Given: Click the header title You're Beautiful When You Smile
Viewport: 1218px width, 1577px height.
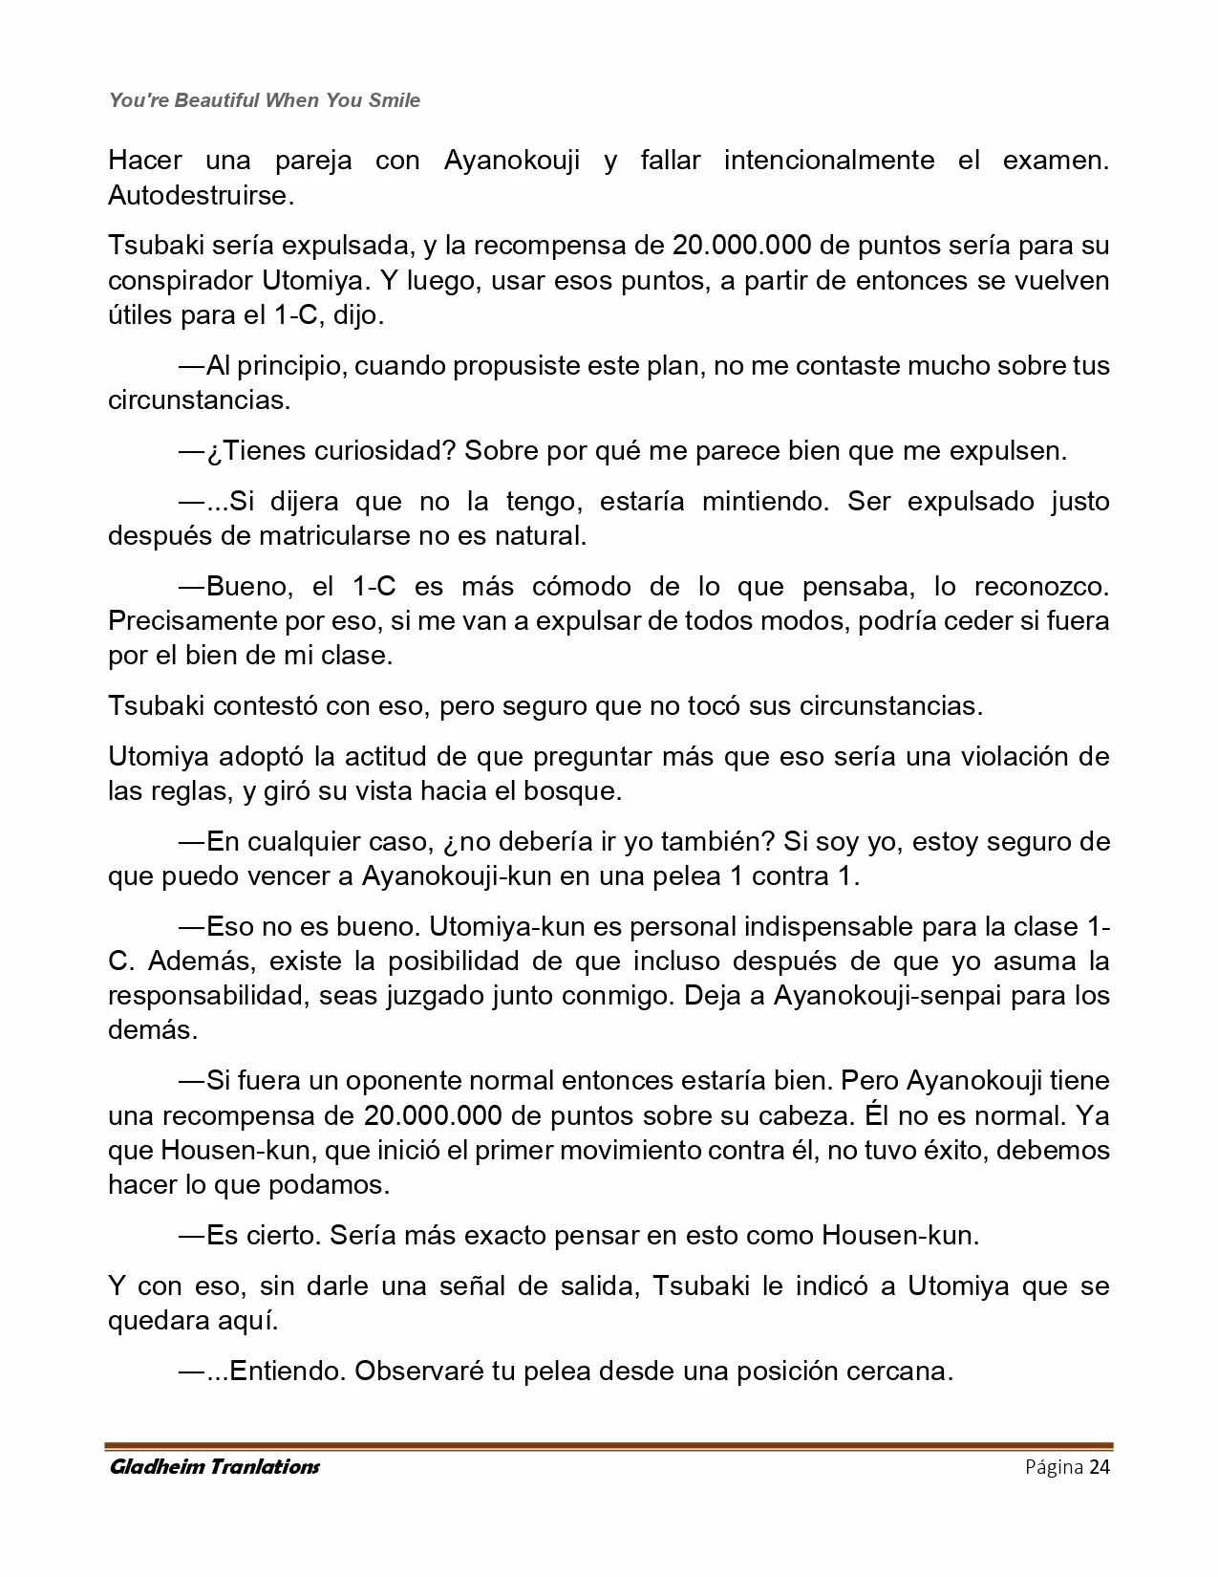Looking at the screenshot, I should point(265,100).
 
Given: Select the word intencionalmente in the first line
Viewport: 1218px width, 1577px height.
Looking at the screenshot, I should point(829,160).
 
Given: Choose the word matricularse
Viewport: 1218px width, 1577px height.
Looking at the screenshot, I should point(336,535).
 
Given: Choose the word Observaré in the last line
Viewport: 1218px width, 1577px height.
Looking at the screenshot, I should point(417,1372).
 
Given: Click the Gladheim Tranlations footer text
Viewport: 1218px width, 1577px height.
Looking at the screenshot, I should point(214,1467).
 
